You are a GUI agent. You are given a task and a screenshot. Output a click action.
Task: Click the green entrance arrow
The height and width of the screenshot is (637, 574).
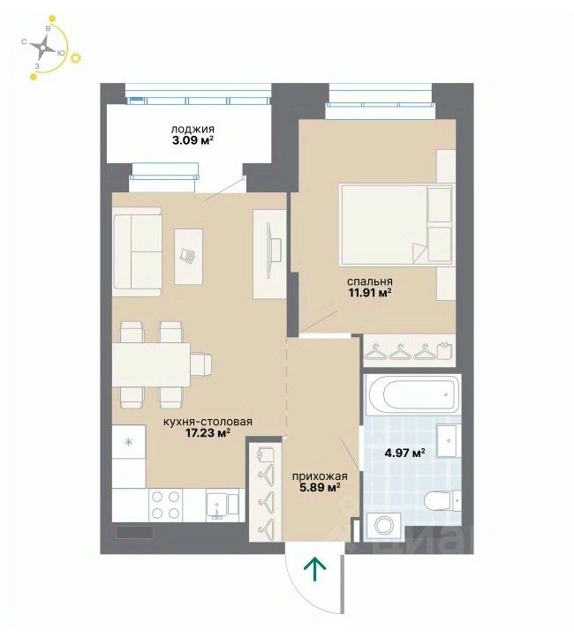(x=315, y=569)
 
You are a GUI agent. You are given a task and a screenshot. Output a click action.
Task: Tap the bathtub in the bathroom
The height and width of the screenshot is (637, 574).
(x=412, y=394)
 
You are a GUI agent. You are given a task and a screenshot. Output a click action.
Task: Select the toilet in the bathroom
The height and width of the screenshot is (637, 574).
(x=442, y=502)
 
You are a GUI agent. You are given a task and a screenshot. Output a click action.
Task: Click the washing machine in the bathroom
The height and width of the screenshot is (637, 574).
(x=384, y=527)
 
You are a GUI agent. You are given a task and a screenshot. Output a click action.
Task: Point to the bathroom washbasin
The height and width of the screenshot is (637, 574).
(x=449, y=440)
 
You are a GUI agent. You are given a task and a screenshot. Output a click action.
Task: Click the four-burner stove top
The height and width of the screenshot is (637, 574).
(x=165, y=505)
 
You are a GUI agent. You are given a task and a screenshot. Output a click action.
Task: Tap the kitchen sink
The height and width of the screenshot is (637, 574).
(x=222, y=505)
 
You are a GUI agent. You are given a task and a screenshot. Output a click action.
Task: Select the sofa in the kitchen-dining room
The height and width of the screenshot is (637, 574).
(x=138, y=251)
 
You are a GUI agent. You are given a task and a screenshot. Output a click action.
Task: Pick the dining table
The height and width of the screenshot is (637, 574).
(x=151, y=364)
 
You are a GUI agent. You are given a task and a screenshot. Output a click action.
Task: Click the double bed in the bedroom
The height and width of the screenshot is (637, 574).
(x=397, y=225)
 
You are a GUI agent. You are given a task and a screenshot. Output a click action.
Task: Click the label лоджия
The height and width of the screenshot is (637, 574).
(x=193, y=129)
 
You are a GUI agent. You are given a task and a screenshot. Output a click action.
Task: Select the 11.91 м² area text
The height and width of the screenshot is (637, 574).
(x=369, y=292)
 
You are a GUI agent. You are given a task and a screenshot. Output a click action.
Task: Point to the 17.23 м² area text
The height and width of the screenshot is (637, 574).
(x=208, y=432)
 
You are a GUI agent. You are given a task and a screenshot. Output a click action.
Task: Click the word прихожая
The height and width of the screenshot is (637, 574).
(x=320, y=476)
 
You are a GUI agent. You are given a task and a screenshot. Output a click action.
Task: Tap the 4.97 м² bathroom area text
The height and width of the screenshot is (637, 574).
(x=404, y=452)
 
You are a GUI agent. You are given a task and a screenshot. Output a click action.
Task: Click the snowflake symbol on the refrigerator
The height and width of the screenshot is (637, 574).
(x=129, y=442)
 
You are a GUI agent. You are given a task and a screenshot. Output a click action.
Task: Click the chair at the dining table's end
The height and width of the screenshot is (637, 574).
(x=200, y=364)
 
